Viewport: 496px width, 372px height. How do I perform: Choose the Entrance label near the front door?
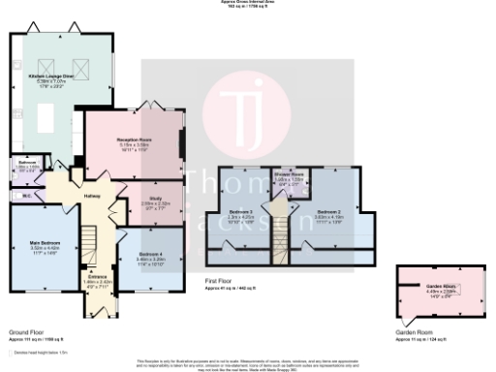point(99,277)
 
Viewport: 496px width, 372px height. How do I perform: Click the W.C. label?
point(26,197)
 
